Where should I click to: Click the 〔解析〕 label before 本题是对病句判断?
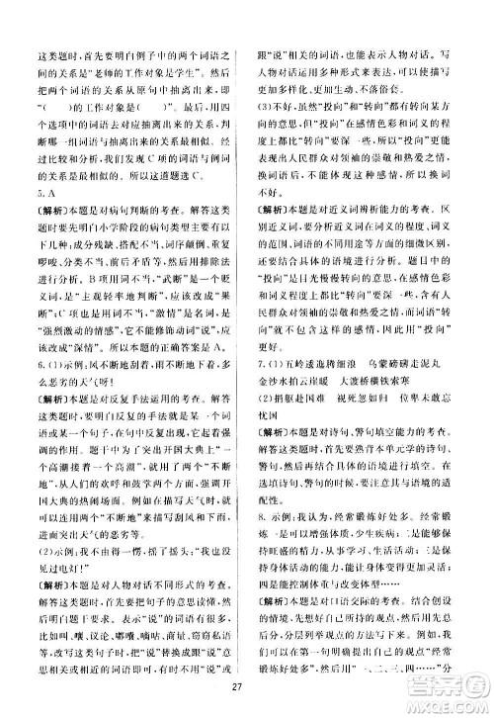click(x=52, y=232)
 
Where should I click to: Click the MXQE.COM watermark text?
click(x=448, y=698)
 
